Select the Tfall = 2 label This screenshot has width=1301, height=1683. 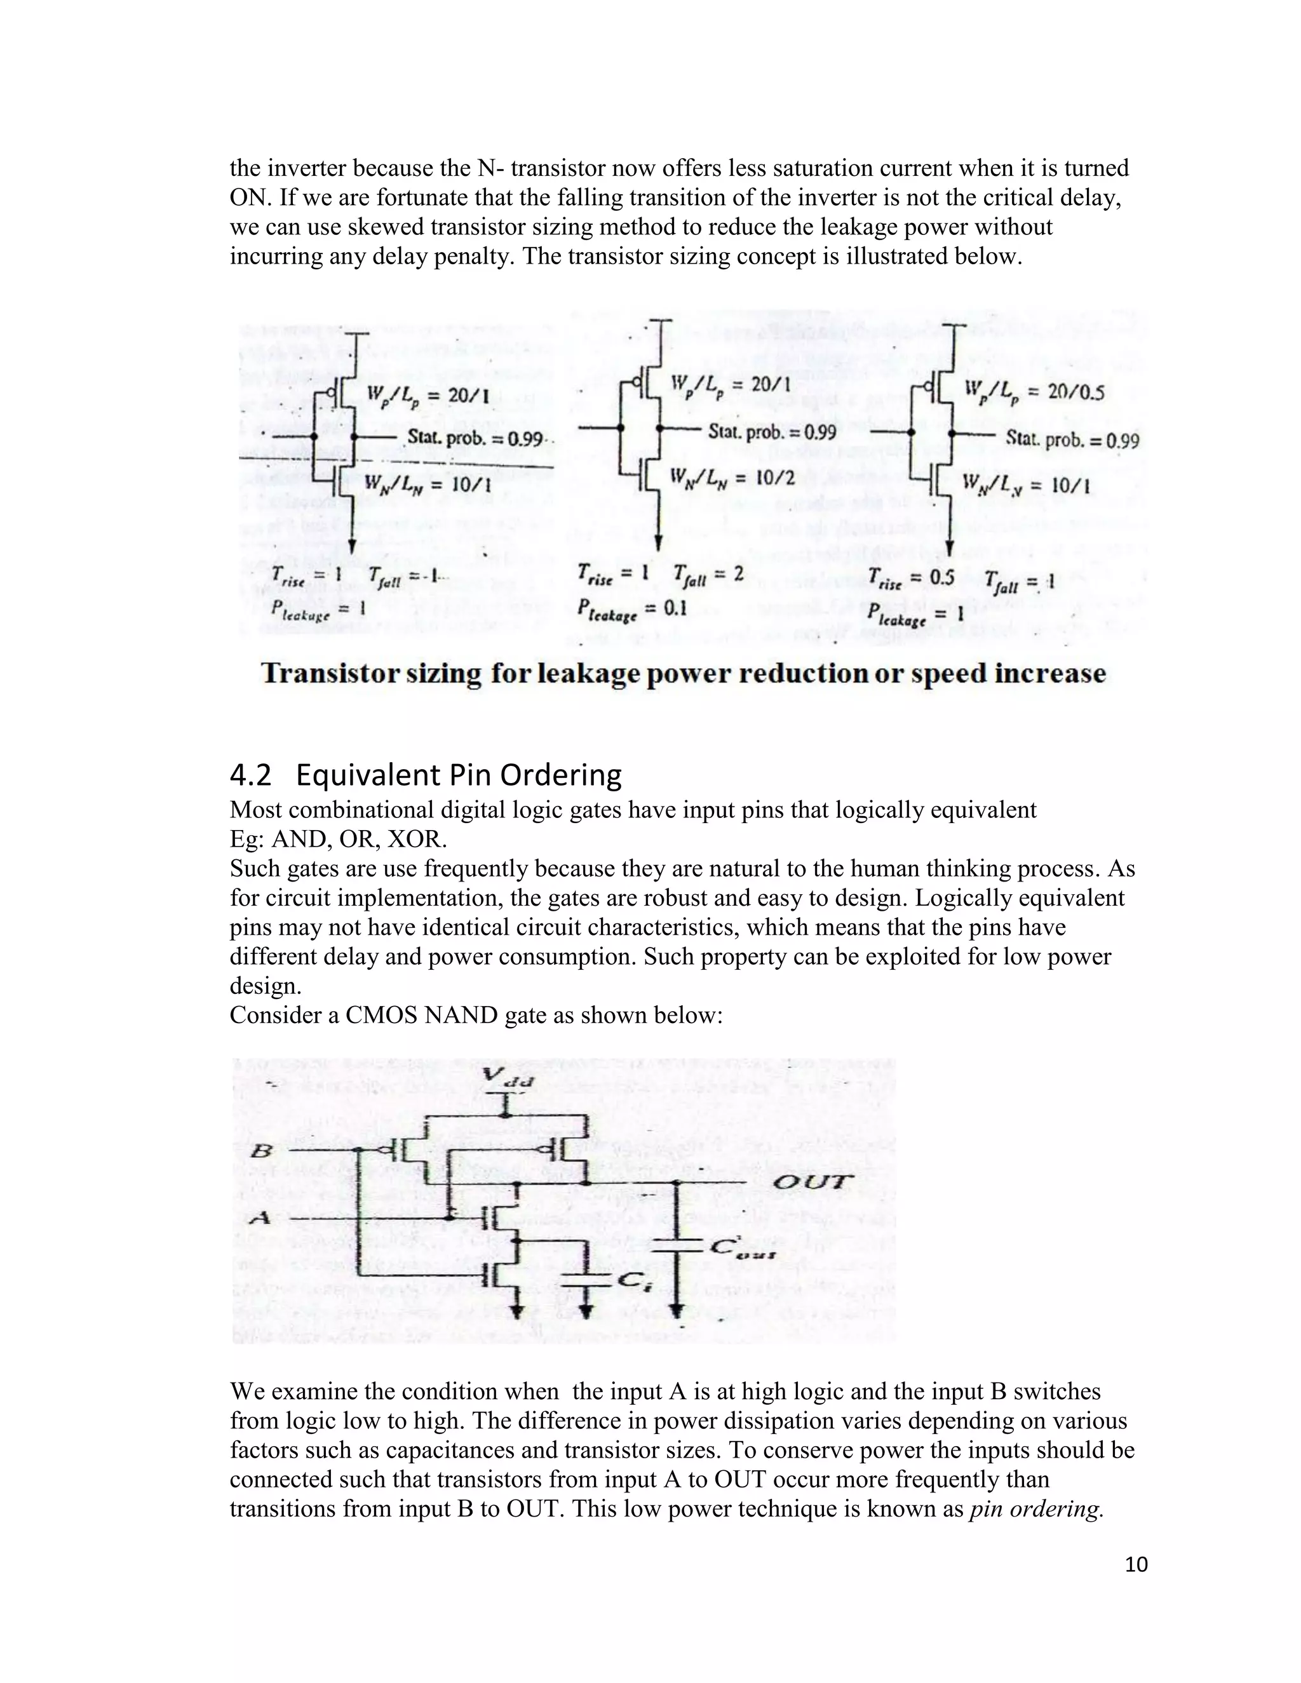[x=708, y=574]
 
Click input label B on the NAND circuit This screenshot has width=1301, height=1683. [x=262, y=1151]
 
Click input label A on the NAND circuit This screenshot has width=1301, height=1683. [x=260, y=1218]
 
